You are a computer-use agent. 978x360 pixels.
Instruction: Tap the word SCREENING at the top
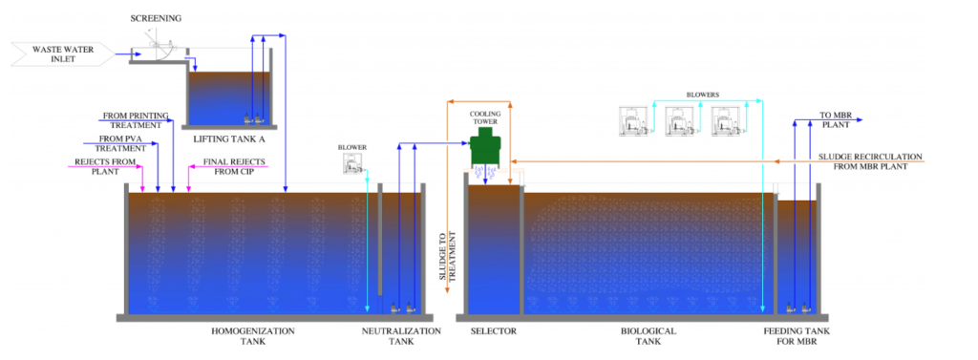coord(156,18)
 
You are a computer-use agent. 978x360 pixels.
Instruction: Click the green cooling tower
coord(488,147)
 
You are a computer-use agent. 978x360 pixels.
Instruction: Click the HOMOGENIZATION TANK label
coord(252,336)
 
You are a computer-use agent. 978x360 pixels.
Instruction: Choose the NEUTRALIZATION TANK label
coord(402,336)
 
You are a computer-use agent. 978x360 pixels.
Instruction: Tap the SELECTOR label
coord(494,330)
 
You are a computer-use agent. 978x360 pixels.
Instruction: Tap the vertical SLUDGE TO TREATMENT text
coord(449,263)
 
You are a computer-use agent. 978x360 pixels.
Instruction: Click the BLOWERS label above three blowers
coord(703,95)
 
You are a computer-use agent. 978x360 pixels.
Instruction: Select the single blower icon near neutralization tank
coord(352,164)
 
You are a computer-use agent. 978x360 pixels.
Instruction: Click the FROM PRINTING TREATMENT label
coord(136,119)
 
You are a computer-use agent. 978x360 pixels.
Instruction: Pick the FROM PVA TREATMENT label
coord(121,143)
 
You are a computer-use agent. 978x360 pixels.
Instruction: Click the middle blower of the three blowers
coord(680,121)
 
